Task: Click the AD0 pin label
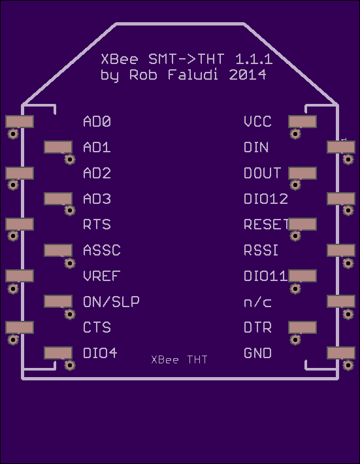[x=97, y=122]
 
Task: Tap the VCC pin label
[x=257, y=122]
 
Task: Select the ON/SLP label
[x=111, y=301]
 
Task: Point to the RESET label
[x=266, y=224]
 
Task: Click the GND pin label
[x=257, y=353]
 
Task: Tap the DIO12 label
[x=266, y=199]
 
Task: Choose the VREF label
[x=101, y=276]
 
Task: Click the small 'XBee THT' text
[x=179, y=359]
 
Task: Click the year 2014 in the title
[x=248, y=75]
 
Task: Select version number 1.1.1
[x=254, y=59]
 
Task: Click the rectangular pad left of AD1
[x=58, y=147]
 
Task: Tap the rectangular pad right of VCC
[x=303, y=122]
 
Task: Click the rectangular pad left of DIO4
[x=58, y=353]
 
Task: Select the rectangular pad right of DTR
[x=303, y=327]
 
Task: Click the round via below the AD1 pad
[x=70, y=159]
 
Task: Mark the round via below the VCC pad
[x=295, y=134]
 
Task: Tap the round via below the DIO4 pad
[x=70, y=365]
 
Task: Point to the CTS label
[x=97, y=327]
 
